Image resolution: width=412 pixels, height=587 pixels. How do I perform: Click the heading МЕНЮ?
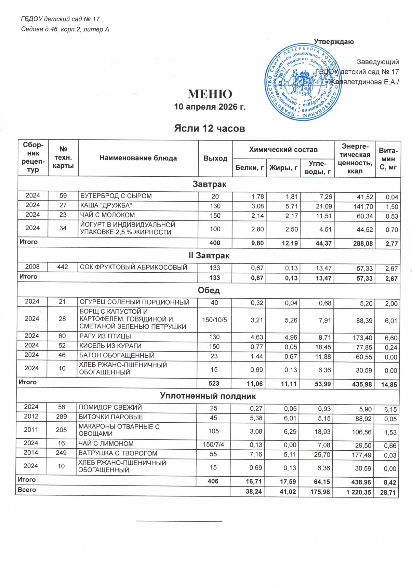tap(210, 94)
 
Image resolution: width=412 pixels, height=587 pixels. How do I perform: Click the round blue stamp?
tap(303, 82)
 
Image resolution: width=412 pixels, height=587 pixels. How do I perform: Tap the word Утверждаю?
tap(334, 42)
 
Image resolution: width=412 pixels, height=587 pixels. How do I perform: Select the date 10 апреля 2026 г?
tap(210, 107)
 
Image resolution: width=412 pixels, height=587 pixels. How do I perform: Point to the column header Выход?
tap(215, 158)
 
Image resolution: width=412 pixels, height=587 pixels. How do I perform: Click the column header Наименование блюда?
tap(138, 158)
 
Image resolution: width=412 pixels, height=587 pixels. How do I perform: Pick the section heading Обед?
tap(209, 290)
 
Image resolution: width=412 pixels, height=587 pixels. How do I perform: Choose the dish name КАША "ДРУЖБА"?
tap(106, 205)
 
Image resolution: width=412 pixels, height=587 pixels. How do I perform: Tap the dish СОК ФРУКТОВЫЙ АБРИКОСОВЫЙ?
tap(133, 268)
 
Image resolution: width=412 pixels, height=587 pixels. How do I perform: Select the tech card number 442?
tap(63, 267)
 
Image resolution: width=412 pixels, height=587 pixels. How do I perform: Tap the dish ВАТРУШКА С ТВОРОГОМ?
tap(118, 453)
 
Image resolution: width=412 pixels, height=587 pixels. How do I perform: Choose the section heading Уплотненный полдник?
tap(208, 396)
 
